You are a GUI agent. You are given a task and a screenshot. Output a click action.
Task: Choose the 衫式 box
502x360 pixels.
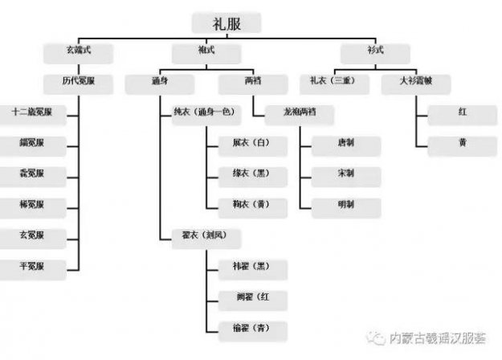tap(374, 52)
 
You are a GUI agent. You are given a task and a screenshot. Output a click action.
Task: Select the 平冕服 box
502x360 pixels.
tap(32, 265)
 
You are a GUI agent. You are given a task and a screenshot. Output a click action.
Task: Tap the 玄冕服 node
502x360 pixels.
tap(32, 235)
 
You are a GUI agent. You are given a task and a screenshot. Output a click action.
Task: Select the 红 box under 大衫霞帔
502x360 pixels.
tap(461, 112)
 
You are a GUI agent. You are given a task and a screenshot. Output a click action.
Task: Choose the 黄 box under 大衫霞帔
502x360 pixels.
tap(461, 143)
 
